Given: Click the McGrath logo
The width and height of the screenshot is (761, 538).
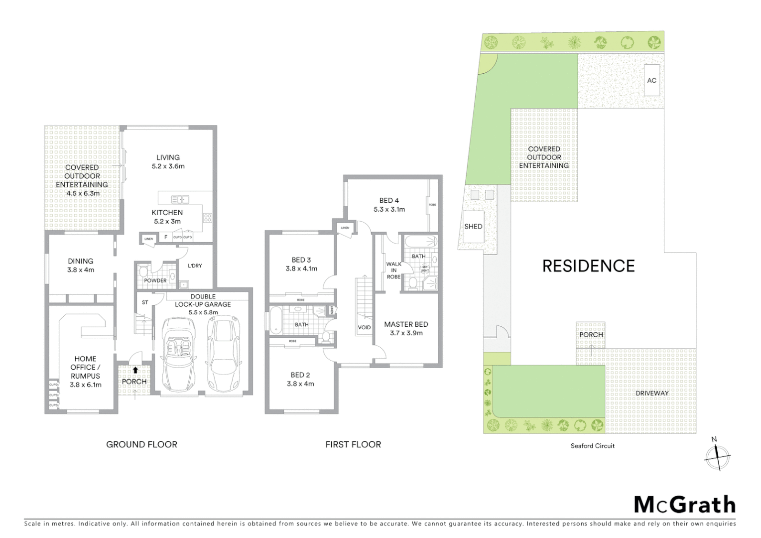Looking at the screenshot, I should tap(684, 505).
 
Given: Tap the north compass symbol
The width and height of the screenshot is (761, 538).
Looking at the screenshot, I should tap(717, 455).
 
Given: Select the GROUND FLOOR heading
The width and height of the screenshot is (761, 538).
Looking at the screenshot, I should tap(141, 444).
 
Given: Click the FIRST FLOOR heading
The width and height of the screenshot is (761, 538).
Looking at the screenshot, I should tap(353, 444).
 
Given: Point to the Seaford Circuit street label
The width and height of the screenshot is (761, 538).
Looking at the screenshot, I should tap(592, 446).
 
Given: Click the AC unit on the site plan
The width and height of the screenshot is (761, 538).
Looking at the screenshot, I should tap(651, 80).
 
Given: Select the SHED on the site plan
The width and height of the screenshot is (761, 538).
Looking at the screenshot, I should tap(473, 227).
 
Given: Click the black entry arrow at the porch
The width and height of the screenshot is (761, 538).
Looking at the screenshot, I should tap(135, 370).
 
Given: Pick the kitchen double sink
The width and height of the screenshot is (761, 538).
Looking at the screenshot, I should tap(180, 200).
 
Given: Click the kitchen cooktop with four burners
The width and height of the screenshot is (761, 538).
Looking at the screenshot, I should tap(207, 218).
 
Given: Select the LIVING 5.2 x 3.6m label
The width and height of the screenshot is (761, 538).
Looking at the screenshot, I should tap(168, 162).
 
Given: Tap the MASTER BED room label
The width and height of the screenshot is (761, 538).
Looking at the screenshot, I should tap(406, 324).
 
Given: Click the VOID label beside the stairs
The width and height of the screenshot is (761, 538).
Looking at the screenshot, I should tap(364, 327).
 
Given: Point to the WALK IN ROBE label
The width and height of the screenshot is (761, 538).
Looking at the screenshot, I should tap(393, 270).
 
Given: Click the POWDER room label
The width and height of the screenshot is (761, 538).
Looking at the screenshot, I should tap(155, 280).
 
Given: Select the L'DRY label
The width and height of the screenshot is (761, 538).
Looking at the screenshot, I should tap(195, 266).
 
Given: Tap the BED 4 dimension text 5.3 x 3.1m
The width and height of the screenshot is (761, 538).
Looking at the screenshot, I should tap(389, 209).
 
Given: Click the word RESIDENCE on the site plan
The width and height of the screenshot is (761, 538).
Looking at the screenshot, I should tap(588, 266).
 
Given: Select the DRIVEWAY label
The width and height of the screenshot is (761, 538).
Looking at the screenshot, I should tap(651, 393).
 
